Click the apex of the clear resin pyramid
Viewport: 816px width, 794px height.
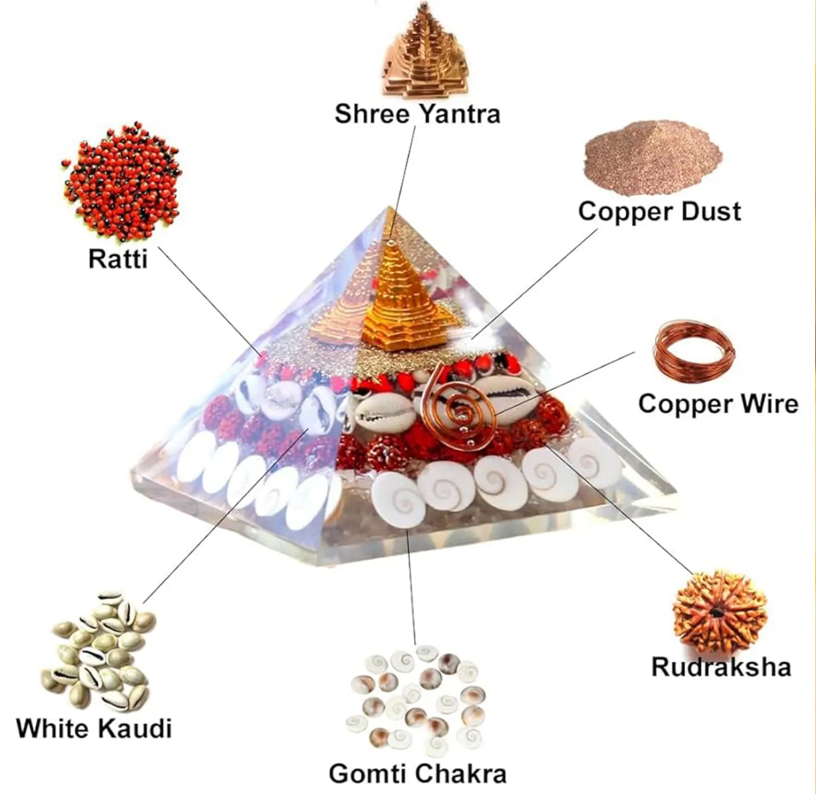tap(390, 207)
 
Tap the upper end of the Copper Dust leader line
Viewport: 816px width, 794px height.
tap(597, 229)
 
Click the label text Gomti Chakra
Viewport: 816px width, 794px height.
tap(417, 773)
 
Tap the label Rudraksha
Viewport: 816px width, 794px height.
tap(721, 667)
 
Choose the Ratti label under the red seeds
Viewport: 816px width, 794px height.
tap(118, 259)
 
